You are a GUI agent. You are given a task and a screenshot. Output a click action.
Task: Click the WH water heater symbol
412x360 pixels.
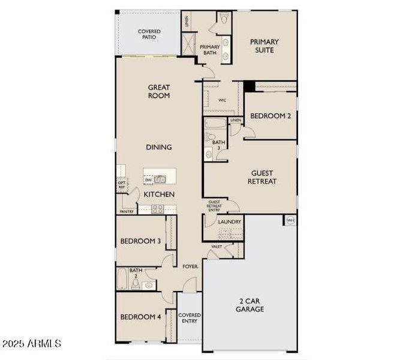point(291,221)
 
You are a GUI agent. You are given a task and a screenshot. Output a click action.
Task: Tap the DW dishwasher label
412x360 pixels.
point(148,179)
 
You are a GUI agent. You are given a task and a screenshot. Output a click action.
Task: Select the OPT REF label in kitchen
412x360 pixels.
point(121,185)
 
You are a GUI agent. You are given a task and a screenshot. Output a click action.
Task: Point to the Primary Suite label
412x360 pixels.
point(264,46)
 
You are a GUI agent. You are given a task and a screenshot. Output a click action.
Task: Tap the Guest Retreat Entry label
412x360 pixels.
point(214,206)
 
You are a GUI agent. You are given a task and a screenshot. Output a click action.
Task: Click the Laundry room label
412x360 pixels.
point(230,222)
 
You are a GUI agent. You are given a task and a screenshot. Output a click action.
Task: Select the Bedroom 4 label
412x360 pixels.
point(140,317)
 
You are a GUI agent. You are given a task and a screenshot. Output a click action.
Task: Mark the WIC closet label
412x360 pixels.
point(222,100)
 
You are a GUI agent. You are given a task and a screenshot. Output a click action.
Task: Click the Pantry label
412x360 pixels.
point(127,211)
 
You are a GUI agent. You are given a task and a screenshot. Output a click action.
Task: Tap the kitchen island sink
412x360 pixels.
point(160,179)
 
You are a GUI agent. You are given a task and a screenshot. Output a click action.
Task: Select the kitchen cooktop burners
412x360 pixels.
point(158,209)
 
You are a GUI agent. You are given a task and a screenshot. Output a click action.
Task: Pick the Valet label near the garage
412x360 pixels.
point(216,247)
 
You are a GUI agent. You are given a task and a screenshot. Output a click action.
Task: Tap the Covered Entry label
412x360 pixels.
point(190,318)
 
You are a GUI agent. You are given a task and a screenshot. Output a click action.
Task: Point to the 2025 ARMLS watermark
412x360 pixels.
point(31,344)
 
